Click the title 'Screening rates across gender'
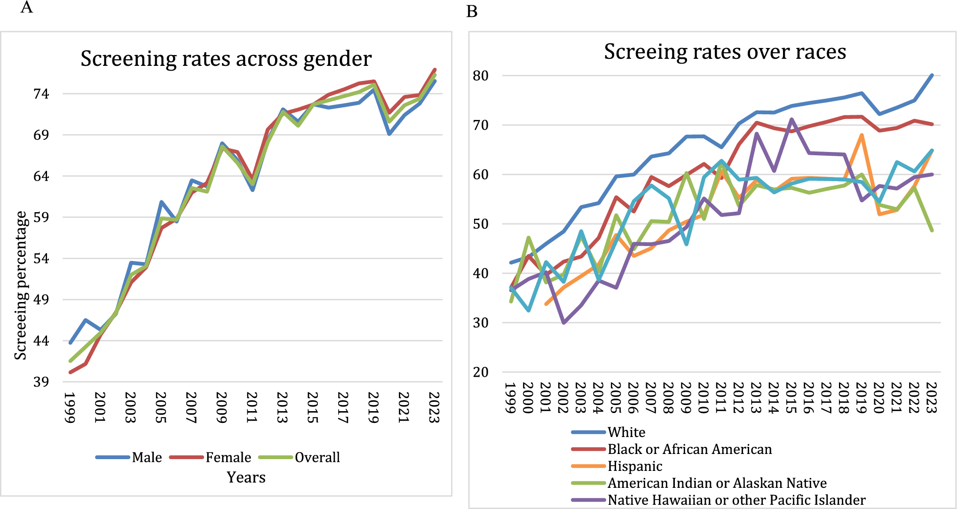pos(226,59)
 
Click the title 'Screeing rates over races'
pos(725,52)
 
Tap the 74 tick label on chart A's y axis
pos(41,94)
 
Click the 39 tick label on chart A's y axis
pos(41,382)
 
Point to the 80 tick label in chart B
pos(481,76)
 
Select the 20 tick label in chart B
pos(481,372)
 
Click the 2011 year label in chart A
pos(253,407)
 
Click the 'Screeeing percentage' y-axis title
pos(21,285)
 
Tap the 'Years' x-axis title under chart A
pos(246,477)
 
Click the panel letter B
pos(472,11)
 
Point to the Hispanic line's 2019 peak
pos(862,135)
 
